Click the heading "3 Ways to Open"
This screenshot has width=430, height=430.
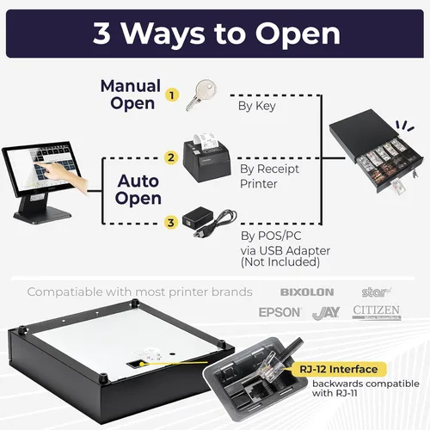[x=215, y=34]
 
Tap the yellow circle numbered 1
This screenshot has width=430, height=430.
[x=171, y=95]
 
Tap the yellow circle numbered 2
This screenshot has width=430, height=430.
[x=171, y=157]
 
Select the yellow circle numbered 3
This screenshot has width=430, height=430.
[x=171, y=223]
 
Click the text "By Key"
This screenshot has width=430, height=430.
[x=256, y=107]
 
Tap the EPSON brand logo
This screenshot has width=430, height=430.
[x=280, y=312]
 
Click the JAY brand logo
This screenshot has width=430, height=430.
[x=326, y=312]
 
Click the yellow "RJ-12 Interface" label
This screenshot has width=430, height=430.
[x=339, y=370]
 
